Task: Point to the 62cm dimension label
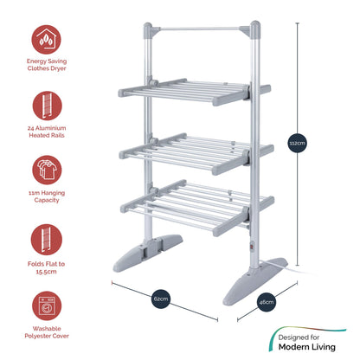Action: [x=161, y=298]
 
